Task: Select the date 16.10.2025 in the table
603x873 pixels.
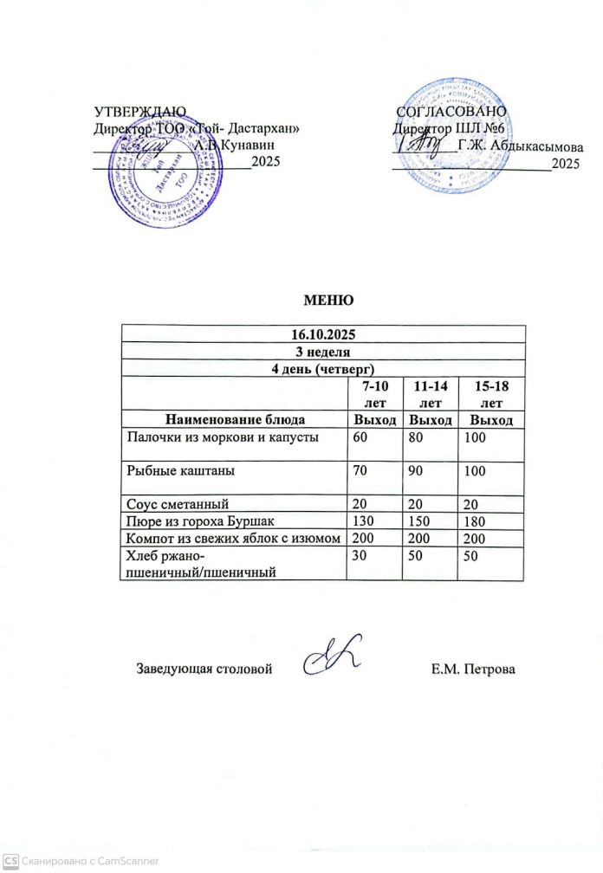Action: click(322, 333)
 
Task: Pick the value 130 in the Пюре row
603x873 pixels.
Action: click(360, 521)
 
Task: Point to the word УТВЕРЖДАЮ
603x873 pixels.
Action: click(139, 112)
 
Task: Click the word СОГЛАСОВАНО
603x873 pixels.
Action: click(451, 112)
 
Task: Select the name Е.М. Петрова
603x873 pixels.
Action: click(472, 669)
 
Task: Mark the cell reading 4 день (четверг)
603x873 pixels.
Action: click(322, 366)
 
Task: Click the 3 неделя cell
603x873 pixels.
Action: click(322, 350)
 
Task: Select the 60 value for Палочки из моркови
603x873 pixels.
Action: click(359, 438)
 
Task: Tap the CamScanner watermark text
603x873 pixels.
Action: click(78, 861)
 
